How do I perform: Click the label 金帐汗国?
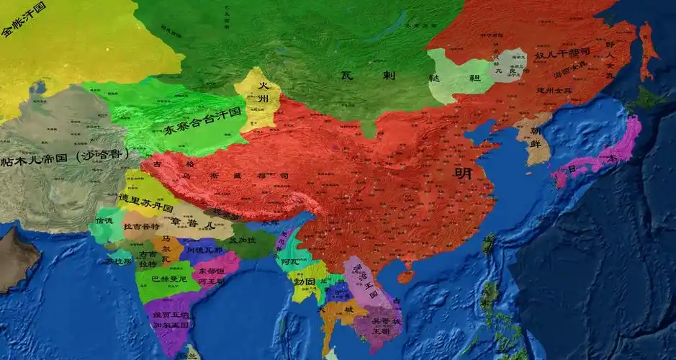(x=24, y=19)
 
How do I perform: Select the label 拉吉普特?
(x=142, y=227)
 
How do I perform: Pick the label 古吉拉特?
(x=147, y=259)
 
